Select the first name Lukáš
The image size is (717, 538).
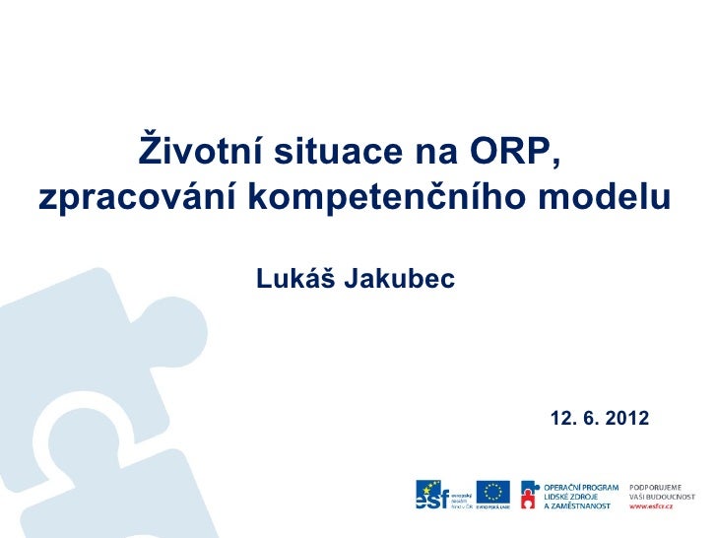pos(295,281)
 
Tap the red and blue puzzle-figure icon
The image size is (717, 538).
pos(530,497)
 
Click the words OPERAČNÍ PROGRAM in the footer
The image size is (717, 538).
pos(581,487)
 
